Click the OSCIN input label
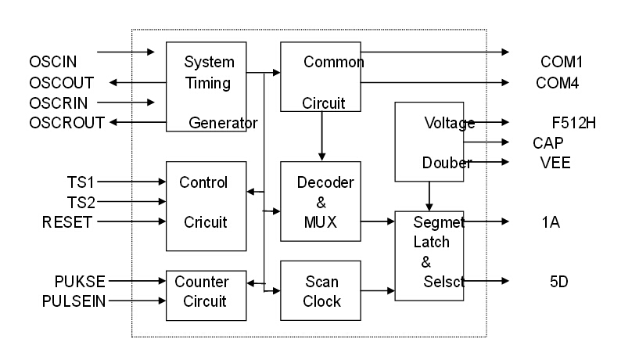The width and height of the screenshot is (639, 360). [x=52, y=61]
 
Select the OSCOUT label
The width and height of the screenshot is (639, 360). [x=61, y=82]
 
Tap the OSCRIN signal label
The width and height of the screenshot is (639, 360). [x=59, y=103]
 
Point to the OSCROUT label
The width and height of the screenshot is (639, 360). [x=66, y=123]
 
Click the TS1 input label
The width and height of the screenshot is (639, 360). [x=81, y=182]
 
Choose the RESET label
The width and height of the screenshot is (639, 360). [x=67, y=222]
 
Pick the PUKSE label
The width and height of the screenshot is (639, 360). [x=80, y=281]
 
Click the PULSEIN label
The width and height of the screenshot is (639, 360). [x=74, y=301]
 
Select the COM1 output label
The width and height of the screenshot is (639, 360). [x=562, y=62]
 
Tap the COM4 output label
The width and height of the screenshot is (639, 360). [x=558, y=82]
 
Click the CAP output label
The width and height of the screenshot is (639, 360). [x=547, y=142]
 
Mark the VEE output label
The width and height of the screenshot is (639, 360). [x=555, y=163]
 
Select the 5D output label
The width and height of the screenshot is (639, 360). [x=559, y=281]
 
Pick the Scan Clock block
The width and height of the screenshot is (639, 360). [x=321, y=290]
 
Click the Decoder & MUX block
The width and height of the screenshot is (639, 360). [x=321, y=202]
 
